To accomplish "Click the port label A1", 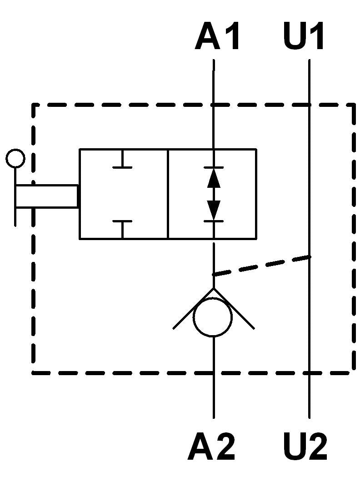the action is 218,36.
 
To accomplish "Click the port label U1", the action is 304,36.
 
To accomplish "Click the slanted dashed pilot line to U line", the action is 261,266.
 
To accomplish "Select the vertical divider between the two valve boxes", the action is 168,194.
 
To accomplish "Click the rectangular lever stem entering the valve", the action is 46,196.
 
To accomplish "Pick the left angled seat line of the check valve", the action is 193,308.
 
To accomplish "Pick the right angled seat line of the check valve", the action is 234,308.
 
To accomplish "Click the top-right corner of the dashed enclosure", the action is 354,105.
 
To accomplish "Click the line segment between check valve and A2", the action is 214,377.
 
